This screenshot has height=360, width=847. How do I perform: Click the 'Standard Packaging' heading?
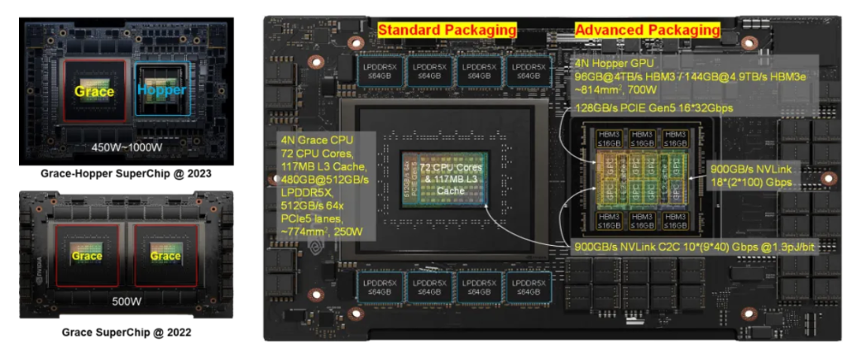pos(447,31)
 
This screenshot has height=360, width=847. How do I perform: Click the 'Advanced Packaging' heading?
pos(647,31)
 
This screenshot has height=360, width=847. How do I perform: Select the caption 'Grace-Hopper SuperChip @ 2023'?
pos(126,175)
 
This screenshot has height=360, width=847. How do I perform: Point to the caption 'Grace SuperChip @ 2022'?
pos(126,332)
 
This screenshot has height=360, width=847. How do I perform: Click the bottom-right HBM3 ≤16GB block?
pos(676,221)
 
